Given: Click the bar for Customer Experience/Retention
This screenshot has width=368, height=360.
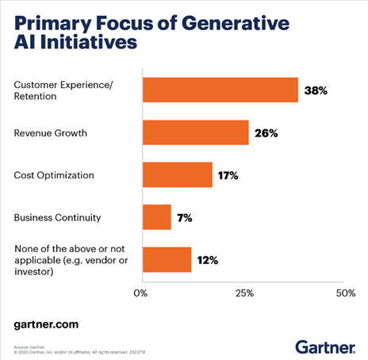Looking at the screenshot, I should pos(220,90).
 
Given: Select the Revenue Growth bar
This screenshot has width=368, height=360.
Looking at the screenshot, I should pos(195,132).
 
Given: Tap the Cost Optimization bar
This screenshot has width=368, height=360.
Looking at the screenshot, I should pos(177,174).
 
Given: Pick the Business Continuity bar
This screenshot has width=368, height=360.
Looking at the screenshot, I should pos(156,217).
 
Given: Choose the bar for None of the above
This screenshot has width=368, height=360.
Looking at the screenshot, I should pos(167,259).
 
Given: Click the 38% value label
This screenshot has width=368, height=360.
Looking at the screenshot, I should pos(316,90).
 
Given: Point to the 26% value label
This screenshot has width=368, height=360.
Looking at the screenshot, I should pos(266,133).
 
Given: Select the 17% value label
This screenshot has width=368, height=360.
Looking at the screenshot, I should pos(229,175).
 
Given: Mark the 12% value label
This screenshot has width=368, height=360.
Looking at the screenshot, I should pos(208,260).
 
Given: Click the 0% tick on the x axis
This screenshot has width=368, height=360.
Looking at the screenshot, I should pos(141,293).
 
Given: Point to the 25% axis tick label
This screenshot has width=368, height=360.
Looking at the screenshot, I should pos(244,293).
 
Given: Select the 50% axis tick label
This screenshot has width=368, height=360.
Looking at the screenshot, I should pos(346,293).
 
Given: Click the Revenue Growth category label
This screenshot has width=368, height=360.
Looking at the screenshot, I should pos(51,132).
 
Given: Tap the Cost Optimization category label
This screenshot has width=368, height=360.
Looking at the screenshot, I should pos(55,174).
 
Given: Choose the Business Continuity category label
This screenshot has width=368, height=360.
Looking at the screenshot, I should pos(57,217).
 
